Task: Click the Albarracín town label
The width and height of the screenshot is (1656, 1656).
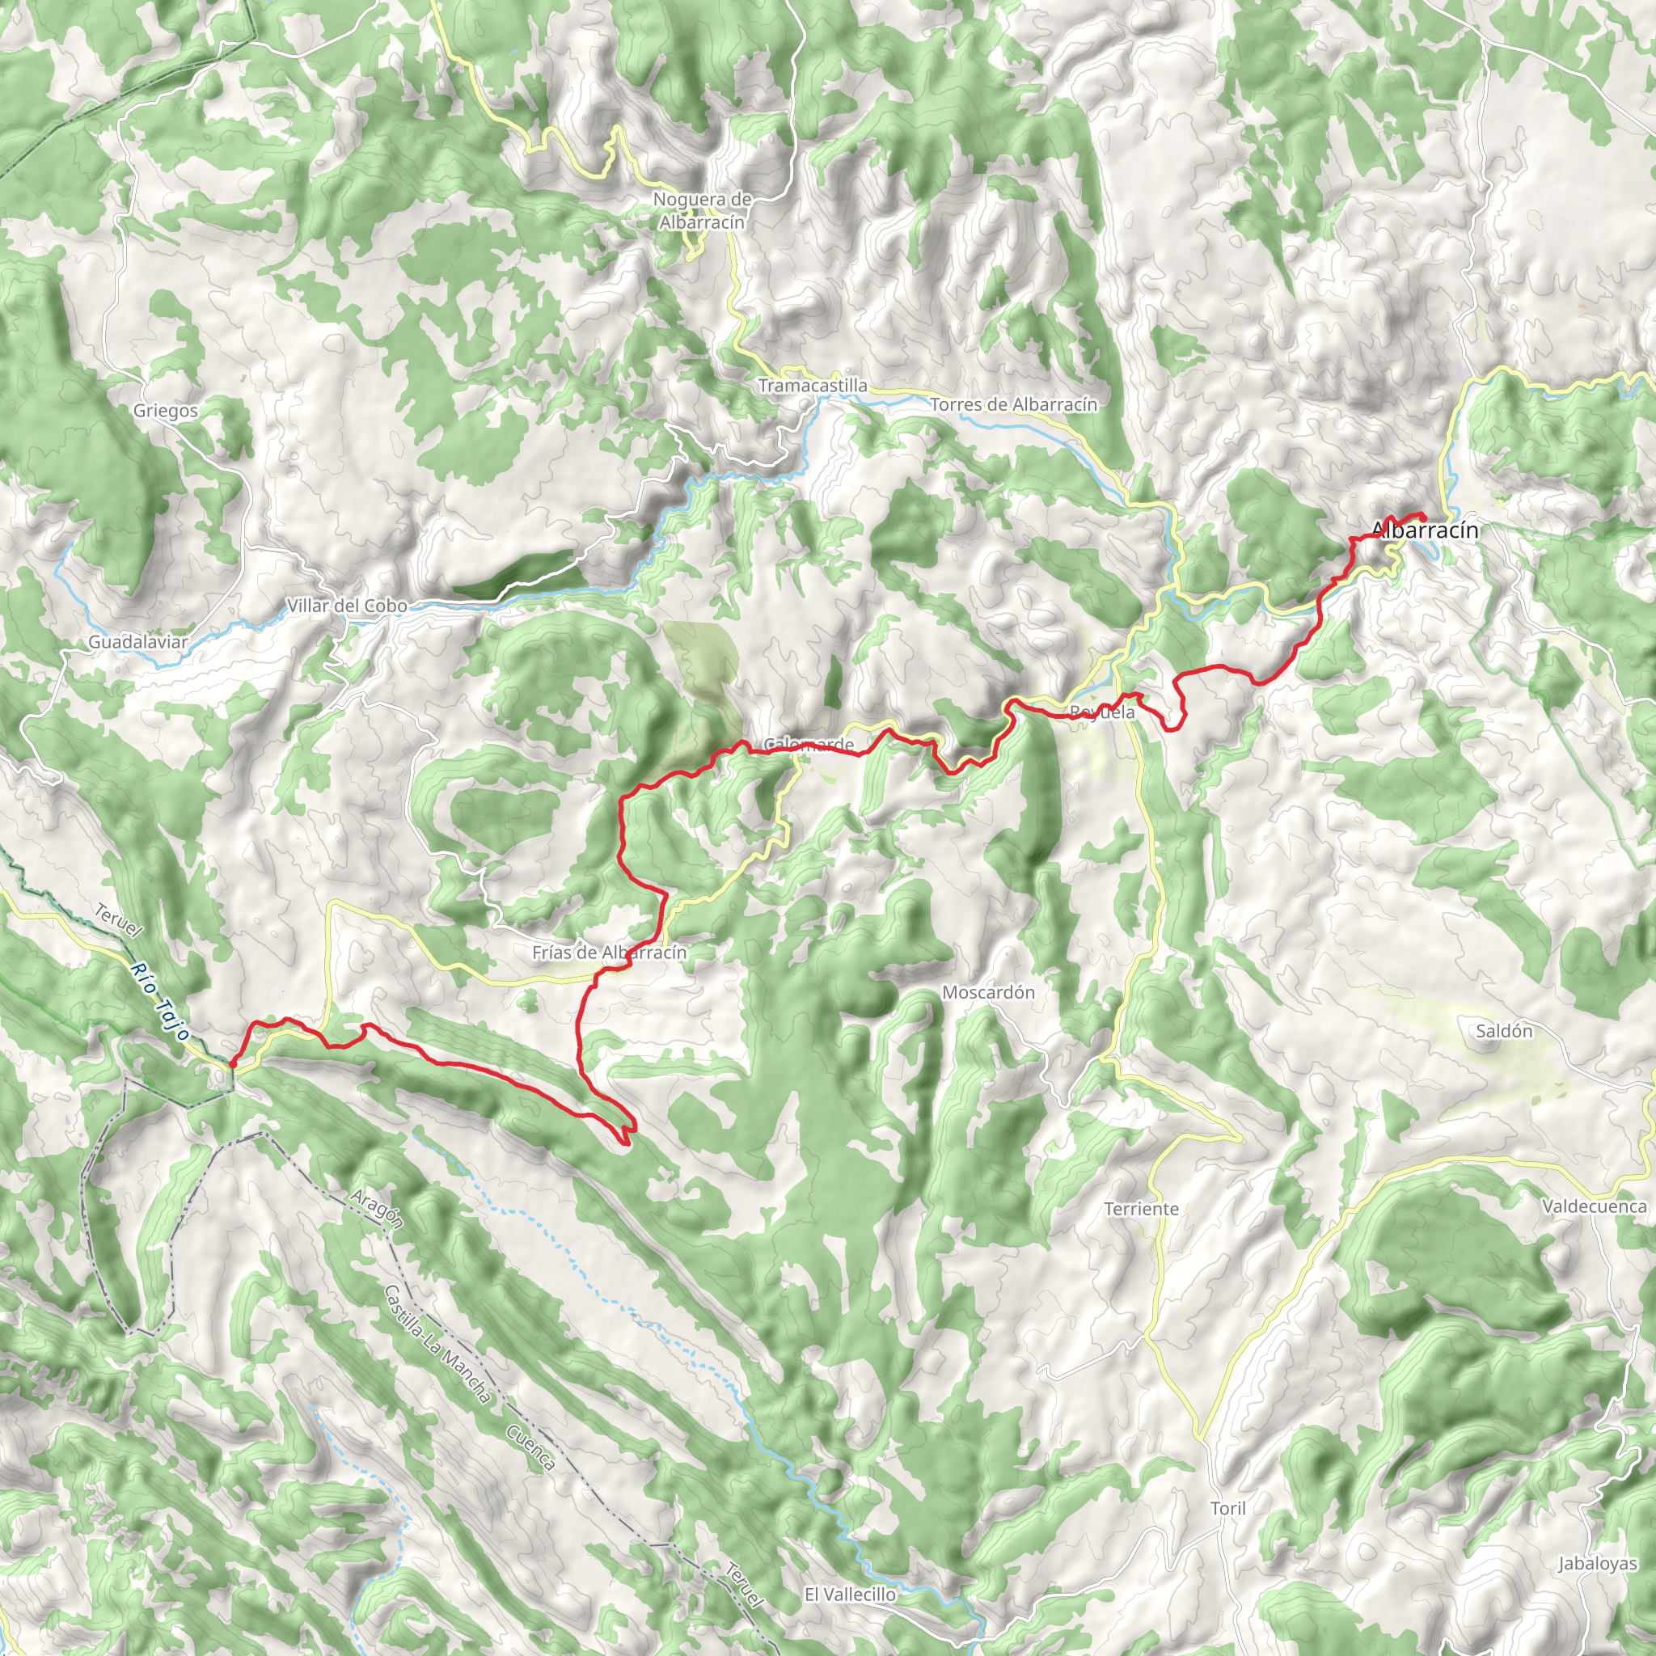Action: (1426, 530)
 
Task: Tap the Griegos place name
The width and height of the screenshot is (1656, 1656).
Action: (166, 411)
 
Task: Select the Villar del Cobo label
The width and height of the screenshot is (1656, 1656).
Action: (347, 606)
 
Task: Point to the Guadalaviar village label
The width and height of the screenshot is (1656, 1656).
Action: (138, 642)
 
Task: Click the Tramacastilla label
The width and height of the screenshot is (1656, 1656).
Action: (813, 386)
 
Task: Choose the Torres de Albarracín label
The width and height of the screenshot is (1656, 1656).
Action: (1014, 403)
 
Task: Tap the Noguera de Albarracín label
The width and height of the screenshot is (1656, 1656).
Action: (702, 211)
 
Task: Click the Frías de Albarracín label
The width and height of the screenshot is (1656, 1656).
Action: (610, 953)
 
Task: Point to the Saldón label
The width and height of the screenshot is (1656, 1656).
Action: (1504, 1030)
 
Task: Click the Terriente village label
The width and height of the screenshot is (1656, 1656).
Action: (1142, 1209)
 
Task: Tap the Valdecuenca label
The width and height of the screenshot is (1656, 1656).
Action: (1595, 1206)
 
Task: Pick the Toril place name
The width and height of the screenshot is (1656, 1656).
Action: (1228, 1508)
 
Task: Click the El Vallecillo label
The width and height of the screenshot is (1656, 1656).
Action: (851, 1594)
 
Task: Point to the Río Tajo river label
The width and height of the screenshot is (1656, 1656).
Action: (159, 1000)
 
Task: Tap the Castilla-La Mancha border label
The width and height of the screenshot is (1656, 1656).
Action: (437, 1344)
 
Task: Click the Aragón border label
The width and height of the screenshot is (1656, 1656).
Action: (376, 1209)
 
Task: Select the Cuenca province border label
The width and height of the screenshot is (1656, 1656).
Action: (530, 1447)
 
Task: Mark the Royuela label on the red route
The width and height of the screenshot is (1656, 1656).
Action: (1102, 712)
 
